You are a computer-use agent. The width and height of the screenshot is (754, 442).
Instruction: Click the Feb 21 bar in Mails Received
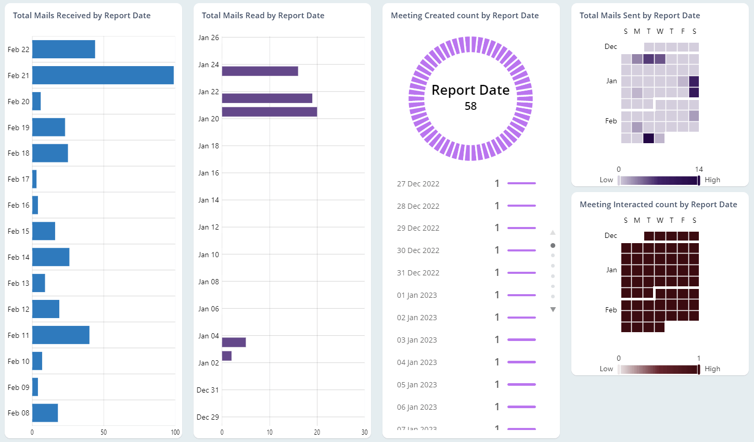click(103, 75)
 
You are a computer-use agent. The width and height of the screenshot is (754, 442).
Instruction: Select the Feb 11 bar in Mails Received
click(60, 335)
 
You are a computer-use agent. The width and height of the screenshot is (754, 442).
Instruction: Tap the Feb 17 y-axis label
click(18, 179)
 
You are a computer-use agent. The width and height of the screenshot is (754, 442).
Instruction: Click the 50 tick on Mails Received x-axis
click(104, 432)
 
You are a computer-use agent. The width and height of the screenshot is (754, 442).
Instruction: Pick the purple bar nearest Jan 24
click(260, 71)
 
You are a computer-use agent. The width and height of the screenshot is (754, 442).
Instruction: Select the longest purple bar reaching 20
click(269, 112)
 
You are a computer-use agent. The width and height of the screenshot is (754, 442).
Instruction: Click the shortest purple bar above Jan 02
click(226, 356)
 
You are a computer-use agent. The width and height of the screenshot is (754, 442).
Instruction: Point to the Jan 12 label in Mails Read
click(208, 227)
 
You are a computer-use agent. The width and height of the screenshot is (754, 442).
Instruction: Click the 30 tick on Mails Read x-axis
click(364, 432)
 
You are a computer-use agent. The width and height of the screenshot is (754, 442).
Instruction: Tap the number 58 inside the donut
click(470, 106)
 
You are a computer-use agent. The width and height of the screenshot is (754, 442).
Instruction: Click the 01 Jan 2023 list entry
click(417, 295)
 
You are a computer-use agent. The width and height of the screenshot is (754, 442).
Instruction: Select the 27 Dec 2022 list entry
click(418, 184)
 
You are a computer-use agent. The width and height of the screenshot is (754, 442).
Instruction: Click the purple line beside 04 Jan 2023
click(521, 362)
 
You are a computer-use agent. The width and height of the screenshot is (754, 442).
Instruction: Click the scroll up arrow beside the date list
click(553, 233)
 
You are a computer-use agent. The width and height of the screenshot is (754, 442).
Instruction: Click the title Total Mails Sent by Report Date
click(640, 16)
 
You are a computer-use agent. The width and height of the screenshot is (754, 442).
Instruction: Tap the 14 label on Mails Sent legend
click(699, 169)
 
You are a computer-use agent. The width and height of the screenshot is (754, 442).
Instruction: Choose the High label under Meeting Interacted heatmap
click(712, 369)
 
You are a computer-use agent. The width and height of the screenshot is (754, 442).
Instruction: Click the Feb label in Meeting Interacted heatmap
click(611, 310)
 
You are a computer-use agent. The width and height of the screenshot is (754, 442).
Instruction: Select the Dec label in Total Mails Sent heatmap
click(611, 47)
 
